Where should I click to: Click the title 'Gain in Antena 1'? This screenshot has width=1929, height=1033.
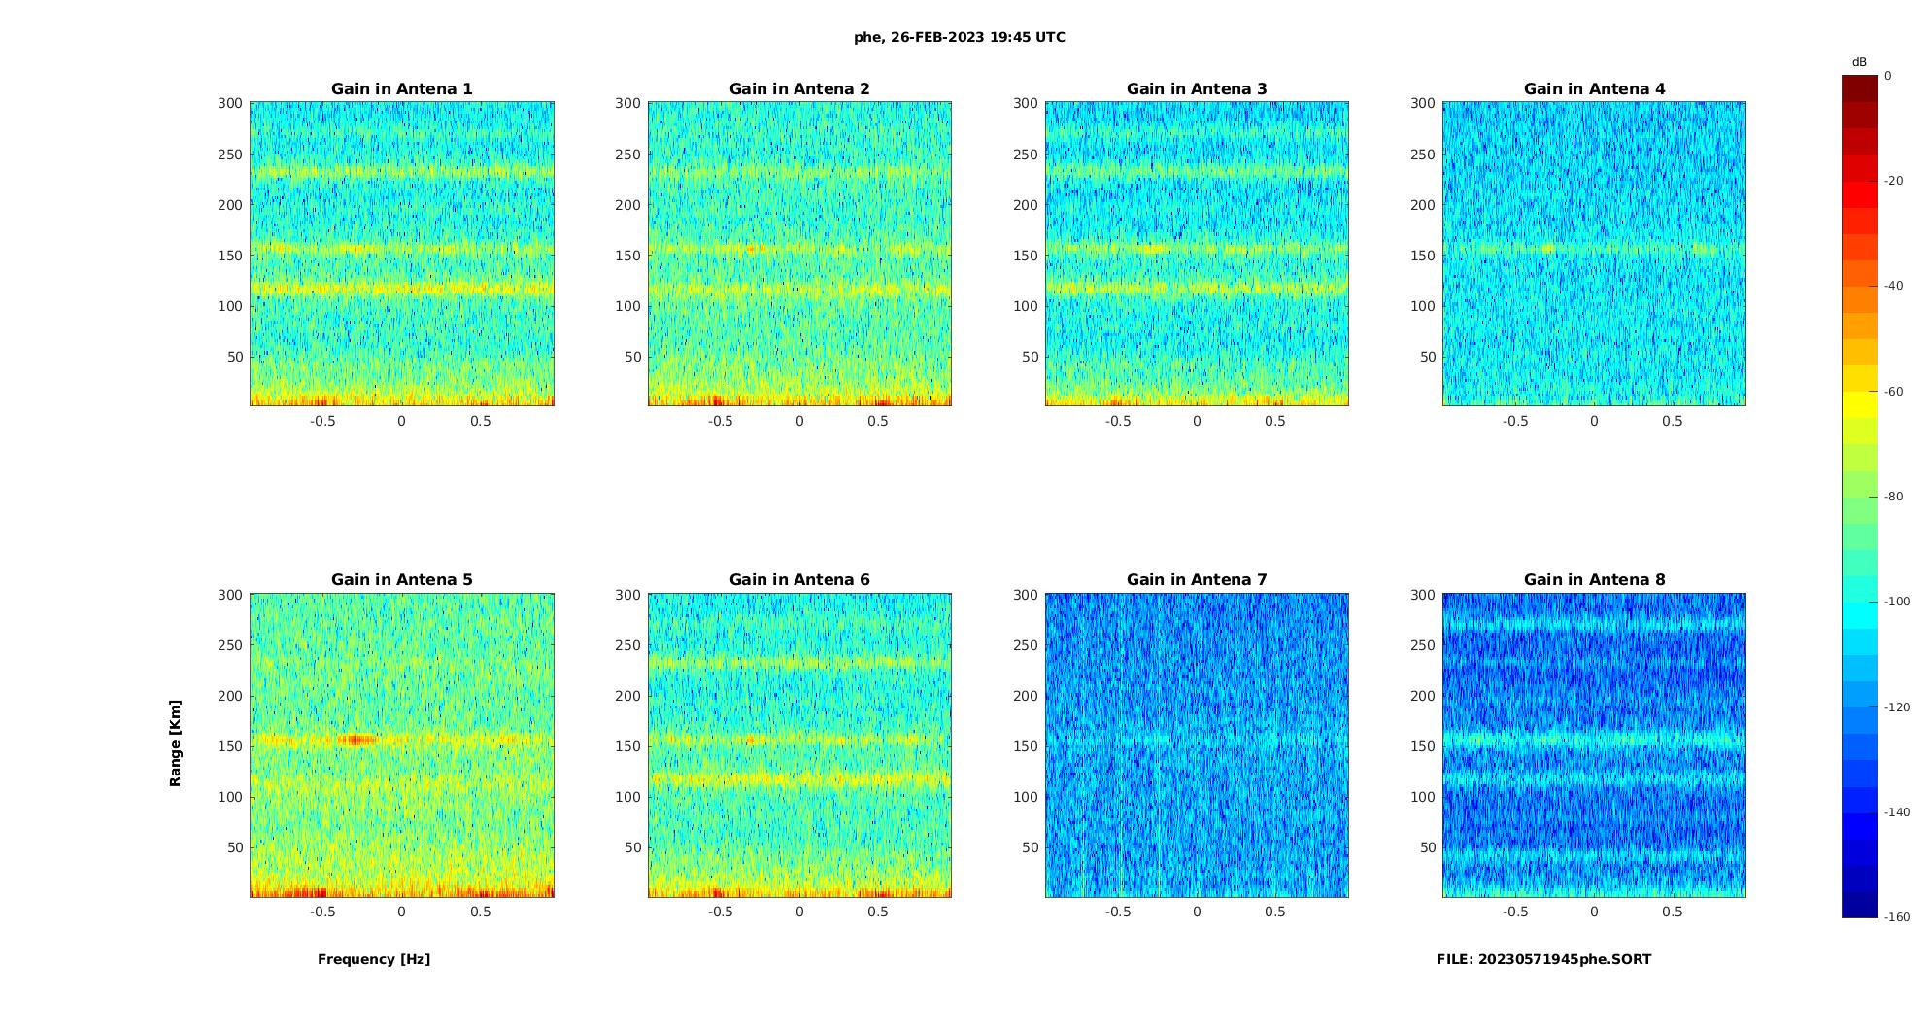pyautogui.click(x=401, y=89)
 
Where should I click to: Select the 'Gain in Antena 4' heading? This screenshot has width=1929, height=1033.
pyautogui.click(x=1594, y=89)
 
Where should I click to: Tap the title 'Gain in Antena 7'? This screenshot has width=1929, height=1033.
pyautogui.click(x=1197, y=580)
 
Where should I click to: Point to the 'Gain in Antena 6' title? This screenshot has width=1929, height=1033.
pyautogui.click(x=799, y=580)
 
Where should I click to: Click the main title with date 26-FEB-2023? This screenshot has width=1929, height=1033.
pyautogui.click(x=960, y=38)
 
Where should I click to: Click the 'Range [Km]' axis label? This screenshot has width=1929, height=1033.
pyautogui.click(x=176, y=743)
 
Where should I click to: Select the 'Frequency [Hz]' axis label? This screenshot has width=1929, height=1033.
pyautogui.click(x=374, y=959)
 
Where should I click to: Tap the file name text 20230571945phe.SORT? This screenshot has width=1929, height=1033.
pyautogui.click(x=1543, y=959)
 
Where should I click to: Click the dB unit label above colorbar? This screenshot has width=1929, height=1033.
pyautogui.click(x=1859, y=62)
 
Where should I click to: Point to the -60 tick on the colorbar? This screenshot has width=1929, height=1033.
pyautogui.click(x=1894, y=392)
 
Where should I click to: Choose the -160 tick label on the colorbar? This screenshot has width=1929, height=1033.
pyautogui.click(x=1897, y=917)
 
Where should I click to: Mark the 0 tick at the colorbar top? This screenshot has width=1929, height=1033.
pyautogui.click(x=1888, y=76)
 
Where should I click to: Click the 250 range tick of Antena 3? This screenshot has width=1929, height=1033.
pyautogui.click(x=1026, y=155)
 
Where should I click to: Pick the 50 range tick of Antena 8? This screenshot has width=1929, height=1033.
pyautogui.click(x=1428, y=847)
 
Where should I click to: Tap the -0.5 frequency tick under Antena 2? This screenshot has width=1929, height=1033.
pyautogui.click(x=720, y=421)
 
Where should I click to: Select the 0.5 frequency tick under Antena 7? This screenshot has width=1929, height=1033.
pyautogui.click(x=1275, y=912)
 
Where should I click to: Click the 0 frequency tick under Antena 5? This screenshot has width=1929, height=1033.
pyautogui.click(x=401, y=912)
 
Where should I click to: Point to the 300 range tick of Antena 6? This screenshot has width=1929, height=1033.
pyautogui.click(x=628, y=595)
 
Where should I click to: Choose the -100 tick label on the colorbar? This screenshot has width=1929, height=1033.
pyautogui.click(x=1897, y=602)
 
